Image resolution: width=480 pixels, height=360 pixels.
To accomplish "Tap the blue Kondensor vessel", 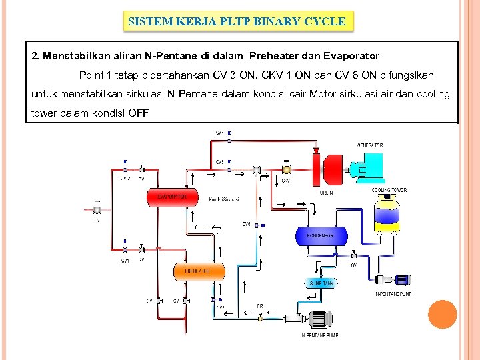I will coord(321,236).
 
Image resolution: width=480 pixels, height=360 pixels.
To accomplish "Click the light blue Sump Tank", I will coord(321,283).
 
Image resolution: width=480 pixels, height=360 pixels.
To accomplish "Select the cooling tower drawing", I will coord(389,213).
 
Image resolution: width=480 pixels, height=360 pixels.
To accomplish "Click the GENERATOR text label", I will coord(370,145).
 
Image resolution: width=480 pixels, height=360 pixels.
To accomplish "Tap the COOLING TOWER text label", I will coord(389,191).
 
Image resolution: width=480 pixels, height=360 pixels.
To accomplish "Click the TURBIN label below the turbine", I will coord(325,193).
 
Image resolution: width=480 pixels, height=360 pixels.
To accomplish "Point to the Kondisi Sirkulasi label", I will coord(223,199).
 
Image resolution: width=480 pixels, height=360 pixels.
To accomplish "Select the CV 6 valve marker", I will coord(256,226).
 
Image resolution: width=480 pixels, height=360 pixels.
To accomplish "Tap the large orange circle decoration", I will coord(441,315).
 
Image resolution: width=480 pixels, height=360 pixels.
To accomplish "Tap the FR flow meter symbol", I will coord(260,316).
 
